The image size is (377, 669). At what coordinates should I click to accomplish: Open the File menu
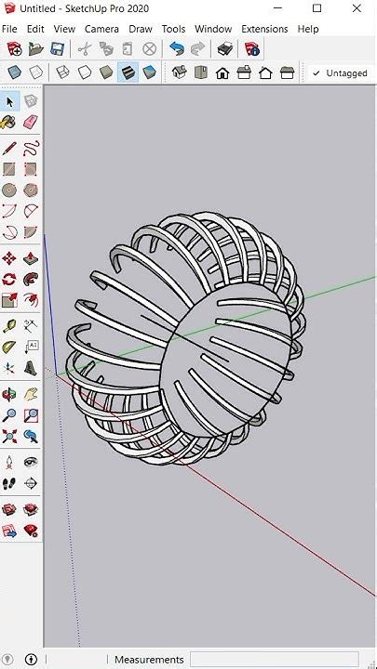(x=9, y=29)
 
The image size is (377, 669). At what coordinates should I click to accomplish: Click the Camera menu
(x=101, y=29)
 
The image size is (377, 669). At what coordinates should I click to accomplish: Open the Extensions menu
(x=264, y=29)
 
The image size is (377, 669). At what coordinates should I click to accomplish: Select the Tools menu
(x=173, y=29)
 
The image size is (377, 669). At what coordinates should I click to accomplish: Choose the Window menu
(x=213, y=29)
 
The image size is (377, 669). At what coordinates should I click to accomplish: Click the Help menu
(x=308, y=29)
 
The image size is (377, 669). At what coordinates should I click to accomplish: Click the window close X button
(x=358, y=8)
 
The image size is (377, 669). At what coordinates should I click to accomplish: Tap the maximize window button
(x=316, y=8)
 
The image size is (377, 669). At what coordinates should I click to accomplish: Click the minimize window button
(x=275, y=8)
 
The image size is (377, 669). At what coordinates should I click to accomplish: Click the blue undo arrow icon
(x=177, y=48)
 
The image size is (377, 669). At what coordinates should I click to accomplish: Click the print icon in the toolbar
(x=224, y=48)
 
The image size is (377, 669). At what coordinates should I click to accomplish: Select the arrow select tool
(x=9, y=101)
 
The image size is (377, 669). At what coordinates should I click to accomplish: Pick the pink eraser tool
(x=30, y=122)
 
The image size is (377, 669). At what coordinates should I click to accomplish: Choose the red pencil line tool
(x=9, y=147)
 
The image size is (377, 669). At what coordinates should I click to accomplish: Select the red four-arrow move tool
(x=9, y=258)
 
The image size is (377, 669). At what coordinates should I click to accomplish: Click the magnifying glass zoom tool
(x=9, y=415)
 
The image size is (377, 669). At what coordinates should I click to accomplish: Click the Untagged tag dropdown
(x=341, y=72)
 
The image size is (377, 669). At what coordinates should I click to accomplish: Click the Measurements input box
(x=275, y=660)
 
